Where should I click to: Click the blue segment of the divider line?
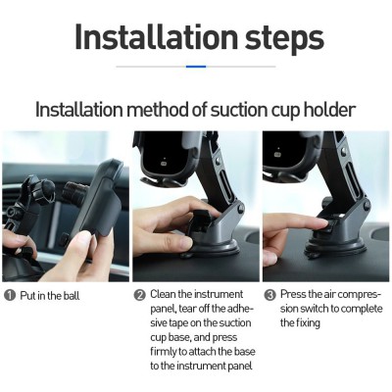[x=196, y=67]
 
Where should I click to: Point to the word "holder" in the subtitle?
[x=329, y=110]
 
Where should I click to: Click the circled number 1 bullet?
[x=10, y=296]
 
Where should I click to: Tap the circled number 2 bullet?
[x=140, y=295]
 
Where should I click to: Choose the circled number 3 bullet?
[x=269, y=295]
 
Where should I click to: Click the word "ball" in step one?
[x=72, y=296]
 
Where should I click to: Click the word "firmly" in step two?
[x=164, y=352]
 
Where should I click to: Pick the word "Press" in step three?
[x=293, y=294]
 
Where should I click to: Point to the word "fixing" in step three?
[x=308, y=323]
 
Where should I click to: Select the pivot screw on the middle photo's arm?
[x=240, y=209]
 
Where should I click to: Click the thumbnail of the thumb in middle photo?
[x=185, y=243]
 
